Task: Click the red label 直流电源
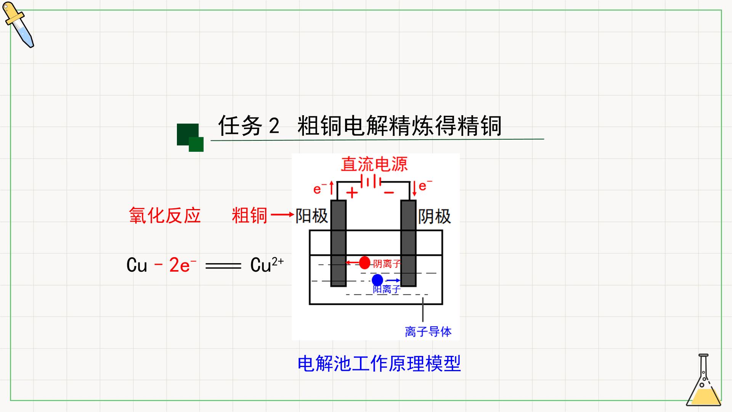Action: (374, 164)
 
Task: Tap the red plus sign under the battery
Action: (352, 193)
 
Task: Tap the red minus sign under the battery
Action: (388, 193)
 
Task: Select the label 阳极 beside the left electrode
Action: (312, 216)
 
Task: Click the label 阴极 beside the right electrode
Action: (435, 217)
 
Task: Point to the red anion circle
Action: (365, 262)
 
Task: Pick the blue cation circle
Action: (377, 280)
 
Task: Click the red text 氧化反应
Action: (165, 216)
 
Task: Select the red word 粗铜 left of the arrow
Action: (250, 216)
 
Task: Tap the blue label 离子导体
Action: (428, 332)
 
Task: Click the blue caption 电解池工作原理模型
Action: (379, 363)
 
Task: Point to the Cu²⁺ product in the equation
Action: (267, 265)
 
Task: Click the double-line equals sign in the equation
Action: (223, 266)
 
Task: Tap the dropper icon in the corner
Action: (18, 24)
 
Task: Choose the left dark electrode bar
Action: (338, 243)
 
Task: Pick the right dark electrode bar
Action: (408, 243)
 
